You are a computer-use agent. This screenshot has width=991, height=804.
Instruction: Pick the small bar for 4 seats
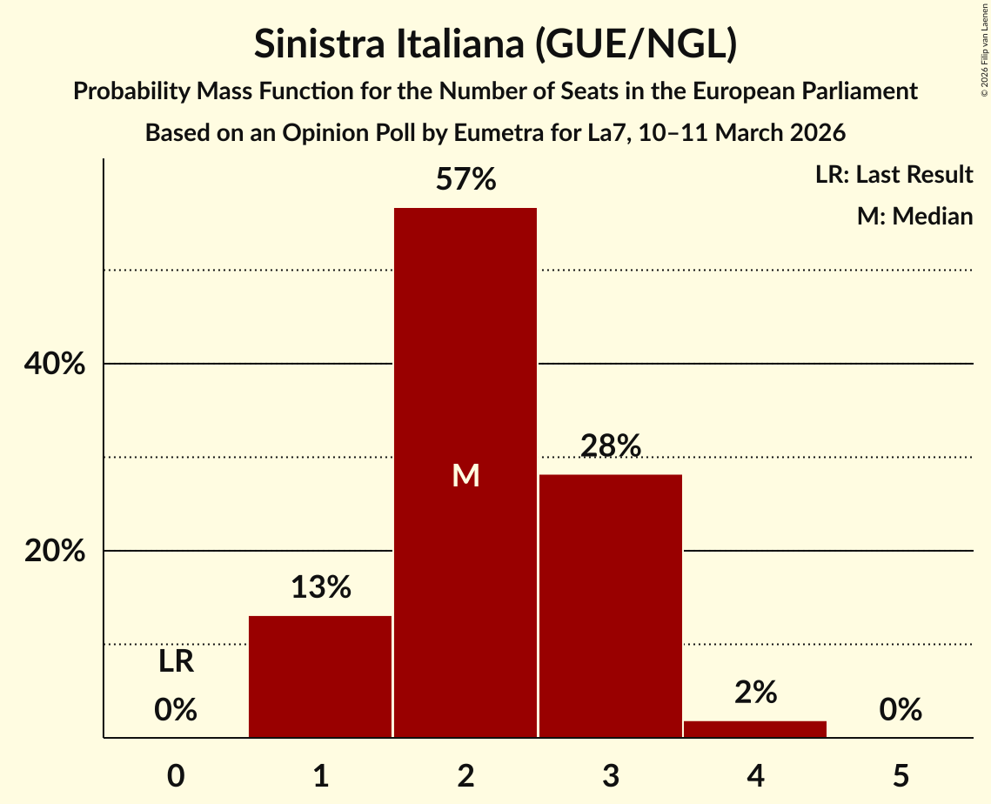coord(755,729)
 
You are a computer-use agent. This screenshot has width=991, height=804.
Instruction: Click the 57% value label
coord(465,180)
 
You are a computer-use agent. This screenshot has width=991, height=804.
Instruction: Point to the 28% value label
coord(611,446)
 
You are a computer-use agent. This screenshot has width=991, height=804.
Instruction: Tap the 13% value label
coord(320,588)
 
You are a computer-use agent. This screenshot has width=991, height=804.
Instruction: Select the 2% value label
coord(755,693)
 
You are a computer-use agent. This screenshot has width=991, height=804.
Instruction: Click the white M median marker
coord(465,475)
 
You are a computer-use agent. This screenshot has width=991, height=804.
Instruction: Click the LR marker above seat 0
coord(176,663)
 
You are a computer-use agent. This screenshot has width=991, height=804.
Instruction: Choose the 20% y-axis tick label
coord(54,552)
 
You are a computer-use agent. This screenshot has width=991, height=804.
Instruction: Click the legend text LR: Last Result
coord(894,175)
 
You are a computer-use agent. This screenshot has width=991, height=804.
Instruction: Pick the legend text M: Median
coord(914,216)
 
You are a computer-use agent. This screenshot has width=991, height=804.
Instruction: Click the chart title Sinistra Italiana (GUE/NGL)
coord(495,44)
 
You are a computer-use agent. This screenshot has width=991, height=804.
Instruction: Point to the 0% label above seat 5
coord(901,711)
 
